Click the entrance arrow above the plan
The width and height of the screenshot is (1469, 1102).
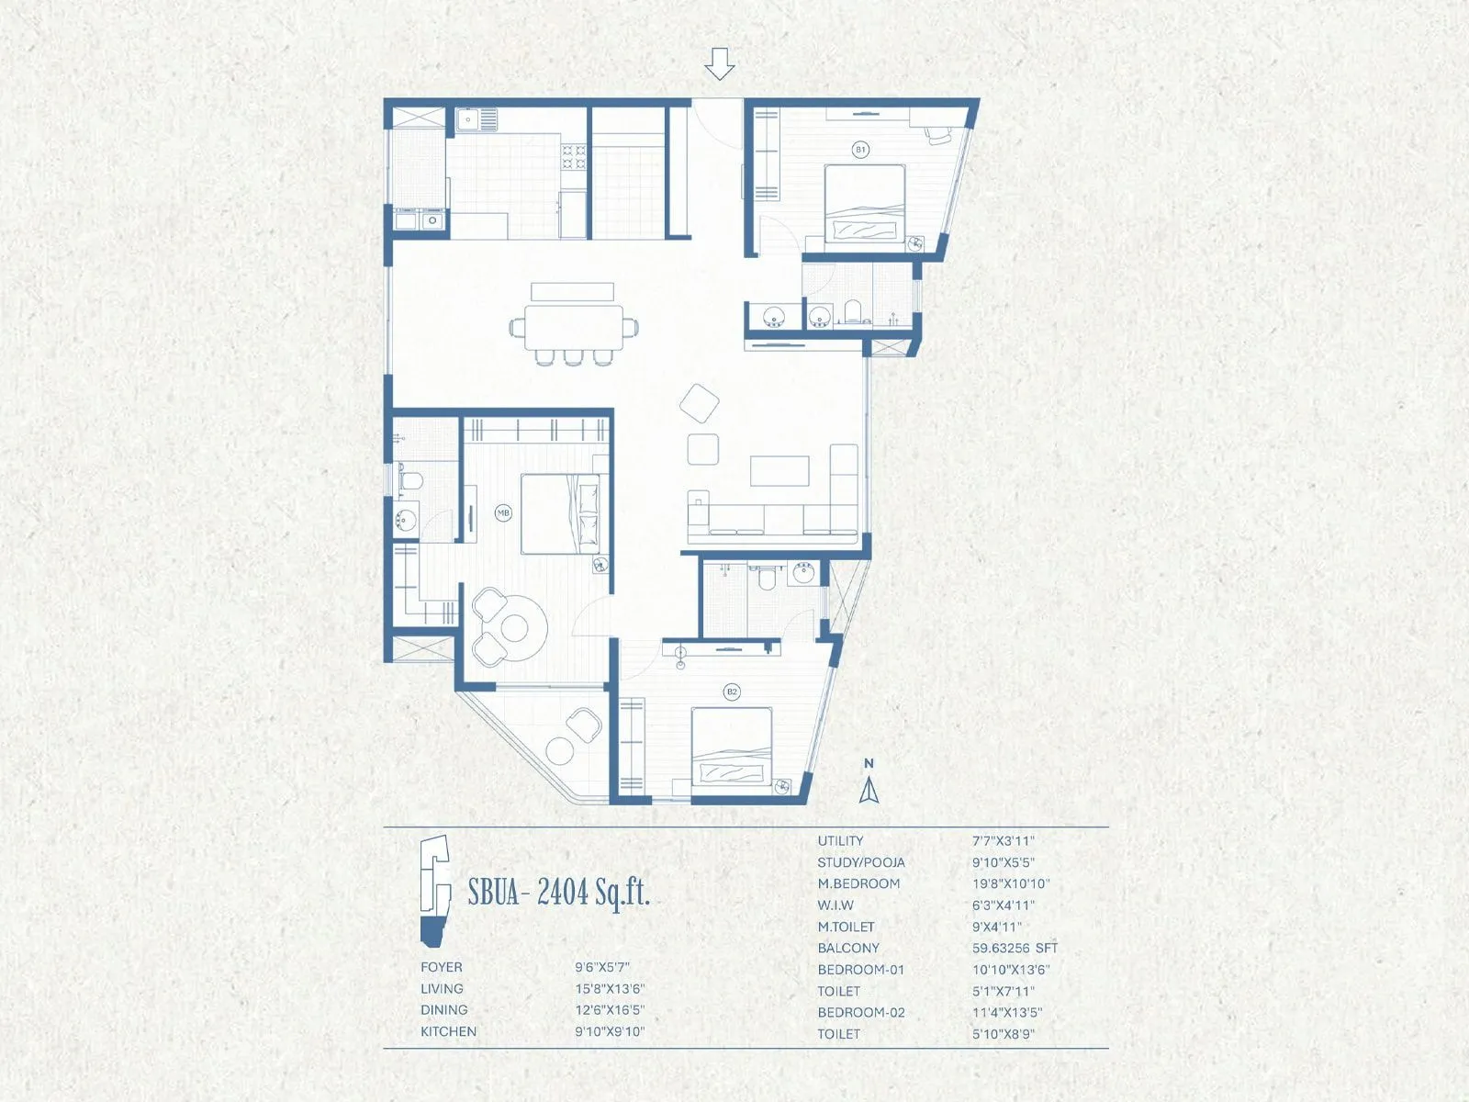pyautogui.click(x=720, y=63)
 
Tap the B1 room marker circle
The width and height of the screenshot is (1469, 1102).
pyautogui.click(x=860, y=149)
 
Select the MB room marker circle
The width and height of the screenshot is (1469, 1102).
pyautogui.click(x=503, y=513)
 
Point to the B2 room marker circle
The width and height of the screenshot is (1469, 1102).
pyautogui.click(x=732, y=692)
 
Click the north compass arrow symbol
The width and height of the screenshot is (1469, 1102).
pyautogui.click(x=869, y=790)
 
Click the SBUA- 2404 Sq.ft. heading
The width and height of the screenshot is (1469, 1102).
pyautogui.click(x=558, y=892)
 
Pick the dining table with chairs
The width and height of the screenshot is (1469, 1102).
pyautogui.click(x=573, y=327)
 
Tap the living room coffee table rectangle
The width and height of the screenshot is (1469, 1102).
pyautogui.click(x=779, y=471)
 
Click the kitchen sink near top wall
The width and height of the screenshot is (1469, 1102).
pyautogui.click(x=475, y=119)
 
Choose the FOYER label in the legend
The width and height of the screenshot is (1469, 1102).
pyautogui.click(x=442, y=967)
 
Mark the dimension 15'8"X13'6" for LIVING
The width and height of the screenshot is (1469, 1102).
pyautogui.click(x=610, y=989)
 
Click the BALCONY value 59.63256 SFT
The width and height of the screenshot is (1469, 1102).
pyautogui.click(x=1015, y=948)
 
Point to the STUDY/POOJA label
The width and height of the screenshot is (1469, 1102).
pyautogui.click(x=861, y=862)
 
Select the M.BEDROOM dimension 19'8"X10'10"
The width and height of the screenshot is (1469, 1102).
pyautogui.click(x=1011, y=883)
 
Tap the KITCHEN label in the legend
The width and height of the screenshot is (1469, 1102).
pyautogui.click(x=448, y=1031)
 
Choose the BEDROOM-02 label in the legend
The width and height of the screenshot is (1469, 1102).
pyautogui.click(x=861, y=1012)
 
